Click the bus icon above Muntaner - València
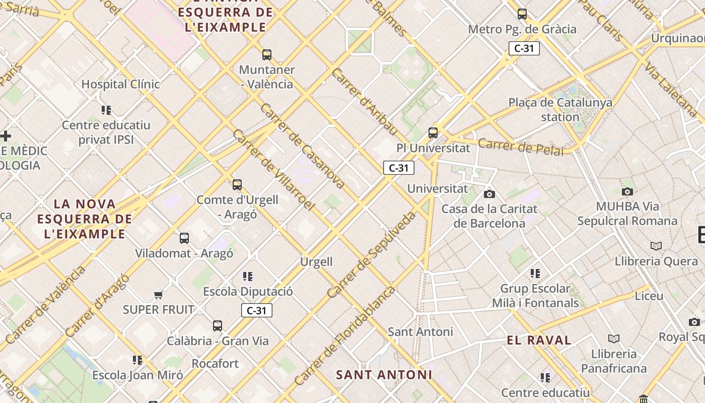point(267,54)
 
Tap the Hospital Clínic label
point(120,84)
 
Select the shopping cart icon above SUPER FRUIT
point(159,295)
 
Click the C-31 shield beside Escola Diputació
point(257,310)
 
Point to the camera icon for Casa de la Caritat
point(489,194)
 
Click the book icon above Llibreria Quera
point(656,246)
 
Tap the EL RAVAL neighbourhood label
point(539,340)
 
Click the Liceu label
point(649,296)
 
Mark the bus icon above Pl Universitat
point(433,133)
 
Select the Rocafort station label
point(215,363)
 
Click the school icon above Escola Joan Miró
point(137,360)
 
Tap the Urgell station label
point(316,261)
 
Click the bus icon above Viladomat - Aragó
point(184,238)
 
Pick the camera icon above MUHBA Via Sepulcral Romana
point(627,191)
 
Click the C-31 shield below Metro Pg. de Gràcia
point(524,48)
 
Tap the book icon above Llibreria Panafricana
point(613,339)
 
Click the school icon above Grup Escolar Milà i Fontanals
point(535,274)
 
